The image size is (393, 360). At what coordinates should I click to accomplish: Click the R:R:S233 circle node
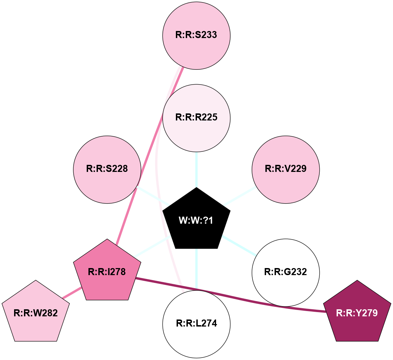point(196,35)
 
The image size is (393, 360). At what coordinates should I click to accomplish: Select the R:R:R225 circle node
point(196,117)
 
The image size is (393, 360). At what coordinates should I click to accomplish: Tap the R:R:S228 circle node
point(107,169)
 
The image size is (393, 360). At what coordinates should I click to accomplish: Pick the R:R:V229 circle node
point(286,169)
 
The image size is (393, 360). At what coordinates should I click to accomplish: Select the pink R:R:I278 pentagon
point(107,272)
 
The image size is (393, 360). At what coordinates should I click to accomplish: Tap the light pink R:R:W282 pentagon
point(36,313)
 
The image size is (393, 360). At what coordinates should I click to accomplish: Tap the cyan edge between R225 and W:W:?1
point(196,169)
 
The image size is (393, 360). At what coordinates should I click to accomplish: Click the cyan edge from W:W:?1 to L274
point(196,268)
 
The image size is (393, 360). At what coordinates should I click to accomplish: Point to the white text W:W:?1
point(196,221)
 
